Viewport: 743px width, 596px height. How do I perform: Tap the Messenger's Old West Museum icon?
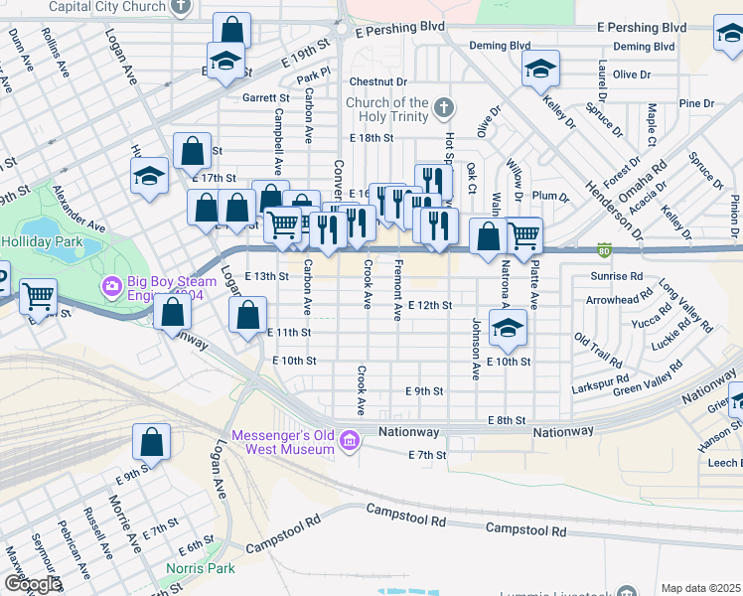point(350,440)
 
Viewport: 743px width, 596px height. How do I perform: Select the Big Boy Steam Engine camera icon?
point(111,288)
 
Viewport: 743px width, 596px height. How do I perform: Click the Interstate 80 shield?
point(604,248)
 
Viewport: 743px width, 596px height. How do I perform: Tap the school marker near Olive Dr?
point(540,69)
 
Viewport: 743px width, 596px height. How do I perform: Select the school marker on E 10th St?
point(508,329)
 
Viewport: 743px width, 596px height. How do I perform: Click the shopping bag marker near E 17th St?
point(192,151)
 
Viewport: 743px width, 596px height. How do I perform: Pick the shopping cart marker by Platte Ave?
point(523,236)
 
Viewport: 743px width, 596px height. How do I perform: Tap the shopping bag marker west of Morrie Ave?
point(151,441)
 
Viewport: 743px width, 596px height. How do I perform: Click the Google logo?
point(32,584)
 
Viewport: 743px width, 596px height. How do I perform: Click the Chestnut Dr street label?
point(377,81)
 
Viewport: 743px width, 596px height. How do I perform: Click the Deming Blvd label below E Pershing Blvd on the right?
point(644,46)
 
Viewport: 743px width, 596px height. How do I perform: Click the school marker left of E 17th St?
point(149,177)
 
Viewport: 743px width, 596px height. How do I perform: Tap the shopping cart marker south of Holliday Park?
point(38,295)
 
